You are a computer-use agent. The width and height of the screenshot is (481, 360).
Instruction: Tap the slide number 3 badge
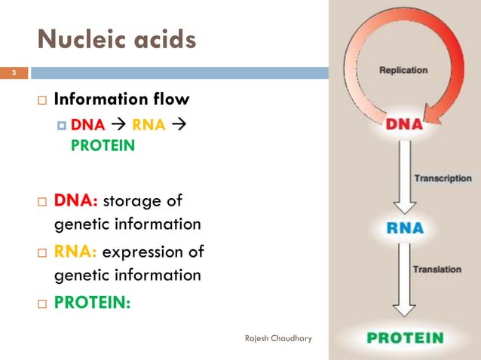pos(13,73)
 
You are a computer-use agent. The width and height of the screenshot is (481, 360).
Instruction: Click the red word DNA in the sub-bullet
pos(87,125)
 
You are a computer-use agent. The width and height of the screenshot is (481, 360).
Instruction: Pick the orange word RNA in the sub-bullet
pos(149,125)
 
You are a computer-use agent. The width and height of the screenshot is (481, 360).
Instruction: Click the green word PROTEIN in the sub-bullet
pos(103,146)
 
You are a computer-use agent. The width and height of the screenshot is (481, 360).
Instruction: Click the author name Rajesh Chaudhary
pos(279,338)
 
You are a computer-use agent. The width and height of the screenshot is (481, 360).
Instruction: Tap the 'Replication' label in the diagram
pos(403,71)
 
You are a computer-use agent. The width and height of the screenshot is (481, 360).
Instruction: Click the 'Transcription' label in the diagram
pos(442,178)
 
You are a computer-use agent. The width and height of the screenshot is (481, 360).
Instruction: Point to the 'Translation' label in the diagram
pos(437,269)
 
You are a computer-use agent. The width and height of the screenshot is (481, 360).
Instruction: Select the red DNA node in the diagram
pos(404,125)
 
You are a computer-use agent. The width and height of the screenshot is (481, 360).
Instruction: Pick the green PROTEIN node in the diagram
pos(404,338)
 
